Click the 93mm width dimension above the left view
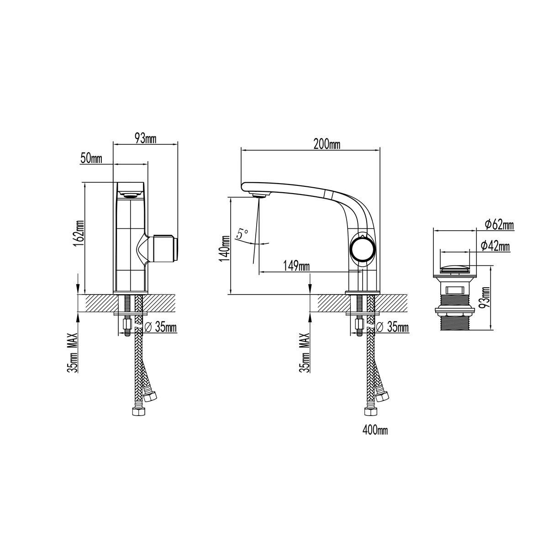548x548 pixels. click(x=145, y=139)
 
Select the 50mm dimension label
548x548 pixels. click(x=91, y=158)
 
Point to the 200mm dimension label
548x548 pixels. click(x=327, y=144)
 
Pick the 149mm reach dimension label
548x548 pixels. click(x=296, y=266)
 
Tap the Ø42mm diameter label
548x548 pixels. click(x=495, y=247)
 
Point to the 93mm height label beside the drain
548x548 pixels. click(x=486, y=297)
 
